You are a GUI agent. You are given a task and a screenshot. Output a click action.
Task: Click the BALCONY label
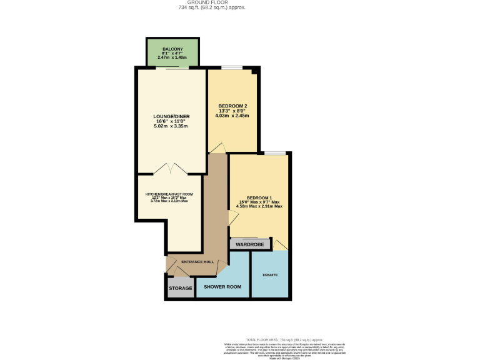[172, 48]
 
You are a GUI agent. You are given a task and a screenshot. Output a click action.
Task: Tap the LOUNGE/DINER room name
[171, 116]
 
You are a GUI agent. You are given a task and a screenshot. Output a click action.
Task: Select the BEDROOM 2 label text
[232, 106]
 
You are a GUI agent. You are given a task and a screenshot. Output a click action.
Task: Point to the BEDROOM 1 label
[259, 197]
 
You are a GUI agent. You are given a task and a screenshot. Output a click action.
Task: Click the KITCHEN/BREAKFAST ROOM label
[169, 194]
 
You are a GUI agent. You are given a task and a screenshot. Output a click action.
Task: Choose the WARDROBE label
[250, 244]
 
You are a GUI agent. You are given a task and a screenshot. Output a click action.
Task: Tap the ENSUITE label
[270, 275]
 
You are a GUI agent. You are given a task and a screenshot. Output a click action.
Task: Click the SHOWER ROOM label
[222, 287]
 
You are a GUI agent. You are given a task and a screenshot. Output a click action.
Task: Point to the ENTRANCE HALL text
[197, 262]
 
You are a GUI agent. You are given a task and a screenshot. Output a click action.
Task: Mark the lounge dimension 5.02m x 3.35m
[171, 126]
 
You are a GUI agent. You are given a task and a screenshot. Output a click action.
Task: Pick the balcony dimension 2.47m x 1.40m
[172, 57]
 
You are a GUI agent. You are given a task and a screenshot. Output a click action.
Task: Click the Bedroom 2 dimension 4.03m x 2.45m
[232, 116]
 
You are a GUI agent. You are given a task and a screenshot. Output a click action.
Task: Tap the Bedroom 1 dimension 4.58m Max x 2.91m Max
[259, 206]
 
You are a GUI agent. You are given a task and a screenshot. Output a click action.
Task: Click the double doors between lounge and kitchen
[171, 169]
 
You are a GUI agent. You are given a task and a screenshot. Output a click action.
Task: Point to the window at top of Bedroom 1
[274, 153]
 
